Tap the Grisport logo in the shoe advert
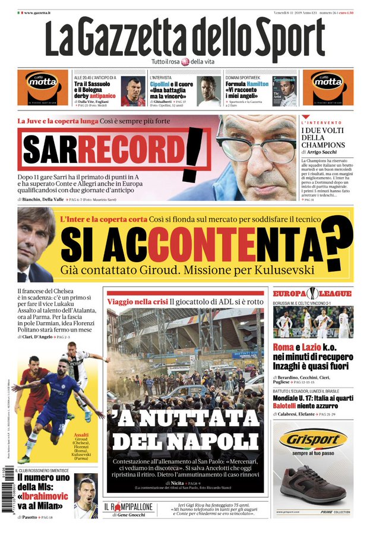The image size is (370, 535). (x=313, y=440)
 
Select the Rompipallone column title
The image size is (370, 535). (x=128, y=507)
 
